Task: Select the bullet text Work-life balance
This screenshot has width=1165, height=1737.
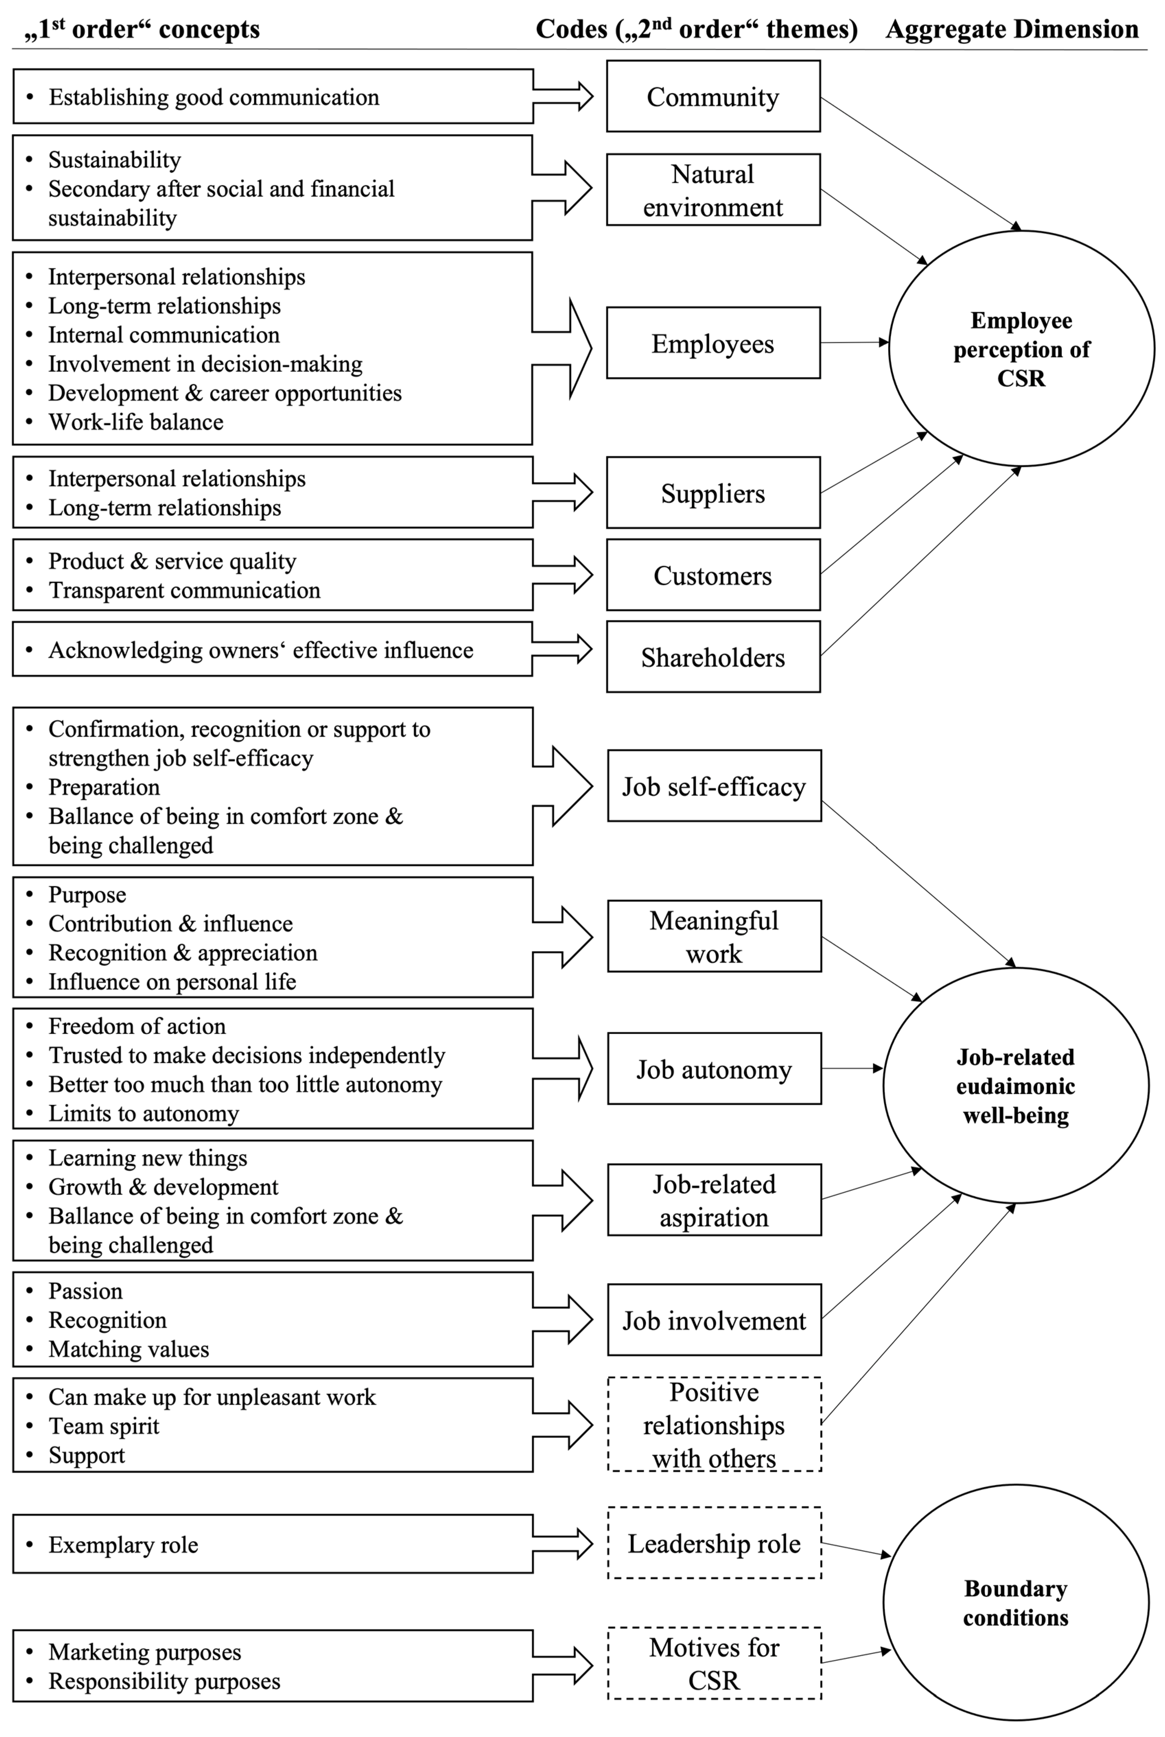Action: pyautogui.click(x=136, y=422)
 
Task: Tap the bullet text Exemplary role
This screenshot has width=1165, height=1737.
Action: pyautogui.click(x=123, y=1545)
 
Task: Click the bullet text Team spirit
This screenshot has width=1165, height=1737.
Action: pyautogui.click(x=104, y=1426)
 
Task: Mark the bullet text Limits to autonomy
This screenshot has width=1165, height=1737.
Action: pyautogui.click(x=143, y=1113)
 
